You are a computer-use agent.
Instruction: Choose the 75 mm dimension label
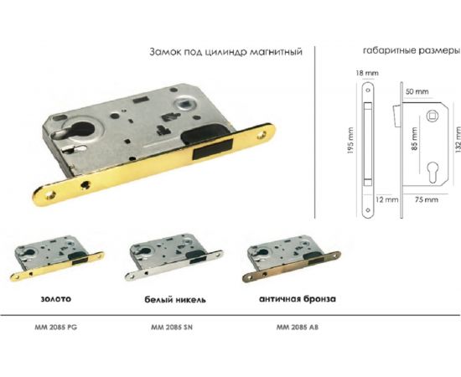coord(426,200)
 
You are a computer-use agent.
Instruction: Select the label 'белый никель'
coord(171,297)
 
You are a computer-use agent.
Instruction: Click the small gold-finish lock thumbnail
coord(55,261)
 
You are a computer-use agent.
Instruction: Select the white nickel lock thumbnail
coord(174,261)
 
